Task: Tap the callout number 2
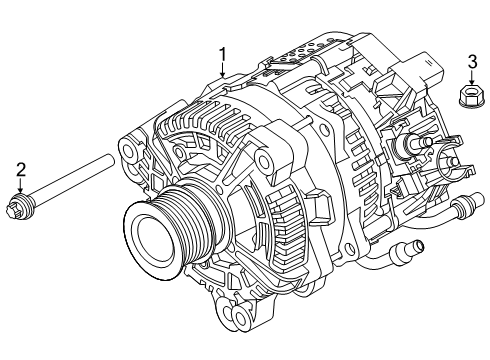click(18, 170)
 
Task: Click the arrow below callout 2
click(18, 188)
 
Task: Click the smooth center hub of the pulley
click(151, 243)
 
